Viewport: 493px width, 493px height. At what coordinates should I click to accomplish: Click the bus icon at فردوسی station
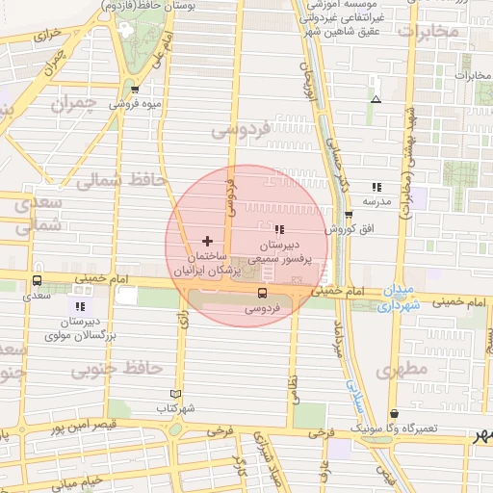262,294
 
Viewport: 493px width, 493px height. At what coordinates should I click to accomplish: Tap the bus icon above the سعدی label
37,281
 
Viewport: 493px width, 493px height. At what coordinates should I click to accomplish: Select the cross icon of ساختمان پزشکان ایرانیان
207,239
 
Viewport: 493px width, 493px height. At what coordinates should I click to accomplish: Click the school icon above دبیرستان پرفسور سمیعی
279,229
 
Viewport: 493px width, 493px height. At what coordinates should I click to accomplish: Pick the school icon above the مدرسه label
375,188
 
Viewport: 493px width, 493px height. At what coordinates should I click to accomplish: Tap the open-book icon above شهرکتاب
174,394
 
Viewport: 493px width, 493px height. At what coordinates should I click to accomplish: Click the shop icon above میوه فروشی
135,91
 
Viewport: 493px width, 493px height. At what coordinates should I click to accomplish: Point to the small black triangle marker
376,99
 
